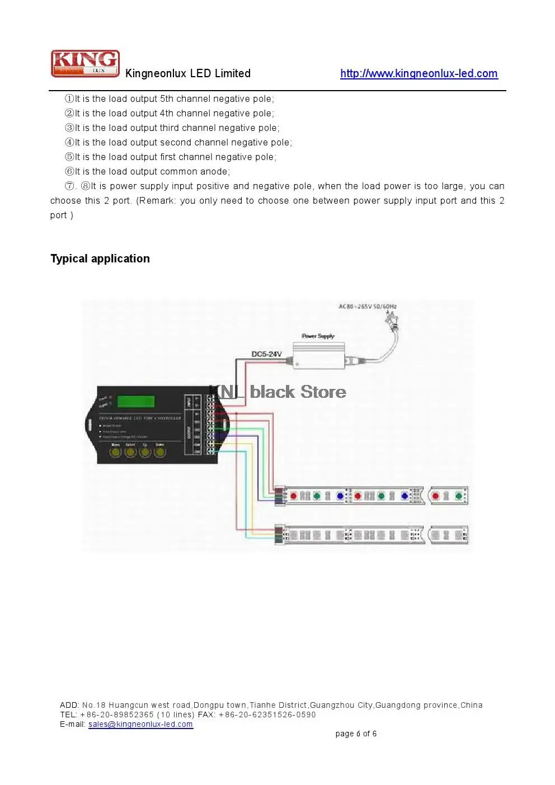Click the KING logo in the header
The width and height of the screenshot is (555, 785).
point(85,63)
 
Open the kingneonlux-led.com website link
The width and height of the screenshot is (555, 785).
point(418,73)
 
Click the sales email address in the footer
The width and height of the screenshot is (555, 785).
point(140,724)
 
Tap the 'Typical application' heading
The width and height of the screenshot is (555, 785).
point(100,258)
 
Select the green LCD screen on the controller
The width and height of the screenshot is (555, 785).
point(136,401)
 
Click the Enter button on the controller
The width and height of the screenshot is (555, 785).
point(130,451)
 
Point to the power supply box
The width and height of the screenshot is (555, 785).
point(318,356)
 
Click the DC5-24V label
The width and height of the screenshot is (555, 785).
point(266,354)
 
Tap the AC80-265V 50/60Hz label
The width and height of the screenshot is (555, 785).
point(368,306)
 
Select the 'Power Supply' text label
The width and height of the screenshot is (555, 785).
point(318,336)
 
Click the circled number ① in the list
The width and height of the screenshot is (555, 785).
point(69,99)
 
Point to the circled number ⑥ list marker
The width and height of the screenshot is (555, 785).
point(69,172)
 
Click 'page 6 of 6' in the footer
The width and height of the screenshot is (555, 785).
point(356,734)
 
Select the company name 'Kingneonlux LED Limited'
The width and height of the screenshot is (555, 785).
point(188,73)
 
